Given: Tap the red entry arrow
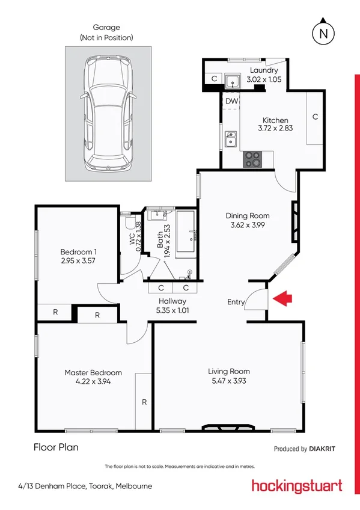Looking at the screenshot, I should tap(282, 297).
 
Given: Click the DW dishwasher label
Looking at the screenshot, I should tap(231, 102).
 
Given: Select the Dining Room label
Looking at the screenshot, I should tap(247, 215).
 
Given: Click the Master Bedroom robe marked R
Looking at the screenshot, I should tap(144, 401).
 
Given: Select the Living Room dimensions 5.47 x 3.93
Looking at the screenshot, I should tap(228, 381).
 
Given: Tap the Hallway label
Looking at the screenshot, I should tap(172, 301).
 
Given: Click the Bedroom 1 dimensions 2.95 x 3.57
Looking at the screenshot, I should tap(78, 261).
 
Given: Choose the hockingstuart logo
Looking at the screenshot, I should tap(296, 486).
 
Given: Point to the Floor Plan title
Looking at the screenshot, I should tap(56, 447).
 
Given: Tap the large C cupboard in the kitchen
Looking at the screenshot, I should tap(315, 118).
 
